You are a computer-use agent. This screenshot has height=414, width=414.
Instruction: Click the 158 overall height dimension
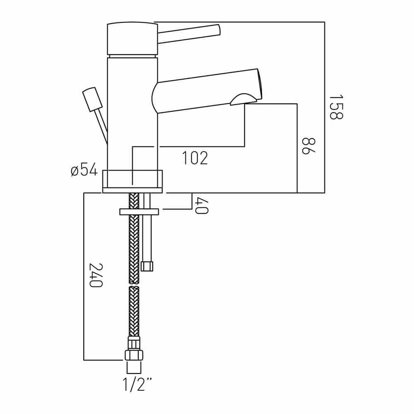[336, 107]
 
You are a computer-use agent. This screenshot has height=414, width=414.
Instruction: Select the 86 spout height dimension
[308, 146]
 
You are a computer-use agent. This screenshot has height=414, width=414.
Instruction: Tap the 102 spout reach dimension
[195, 158]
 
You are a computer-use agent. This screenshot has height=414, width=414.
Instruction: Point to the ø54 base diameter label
[84, 170]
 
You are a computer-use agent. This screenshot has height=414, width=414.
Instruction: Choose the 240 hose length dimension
[96, 275]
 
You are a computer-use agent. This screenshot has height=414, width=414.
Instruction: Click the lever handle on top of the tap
[189, 33]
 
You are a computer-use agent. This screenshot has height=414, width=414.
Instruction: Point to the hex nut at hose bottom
[134, 355]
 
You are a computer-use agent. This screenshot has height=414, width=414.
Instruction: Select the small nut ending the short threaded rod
[147, 266]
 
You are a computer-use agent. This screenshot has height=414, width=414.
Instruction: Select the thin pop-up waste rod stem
[102, 126]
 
